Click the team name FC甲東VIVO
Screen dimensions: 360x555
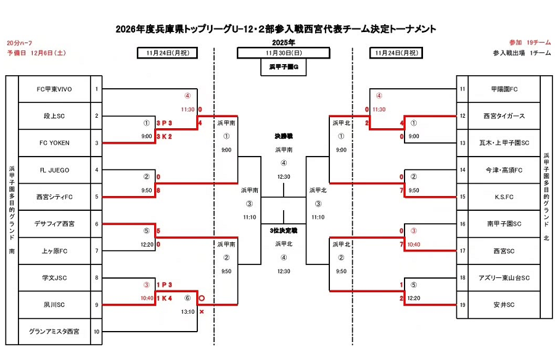(x=54, y=89)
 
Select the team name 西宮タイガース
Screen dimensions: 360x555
(x=499, y=116)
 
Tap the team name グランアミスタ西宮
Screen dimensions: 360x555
(x=54, y=332)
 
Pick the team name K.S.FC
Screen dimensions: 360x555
(x=499, y=197)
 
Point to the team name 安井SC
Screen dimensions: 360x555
(x=499, y=305)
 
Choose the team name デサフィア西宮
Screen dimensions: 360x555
(x=54, y=224)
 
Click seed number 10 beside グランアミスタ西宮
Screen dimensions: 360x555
(x=96, y=332)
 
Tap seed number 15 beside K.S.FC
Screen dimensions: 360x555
(x=462, y=197)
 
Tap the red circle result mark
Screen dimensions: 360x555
(x=201, y=298)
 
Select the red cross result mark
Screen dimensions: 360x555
(x=201, y=312)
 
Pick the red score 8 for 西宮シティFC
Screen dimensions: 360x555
(x=158, y=191)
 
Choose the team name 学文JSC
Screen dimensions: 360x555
(x=54, y=277)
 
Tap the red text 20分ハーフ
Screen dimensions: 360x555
(x=19, y=43)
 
